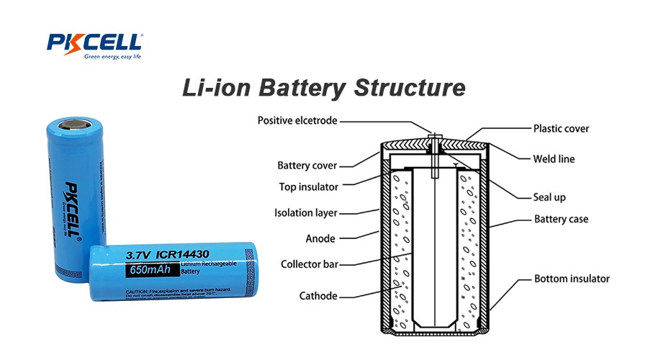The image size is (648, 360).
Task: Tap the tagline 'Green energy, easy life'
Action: pos(112,56)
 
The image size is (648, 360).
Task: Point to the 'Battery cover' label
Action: pos(307,166)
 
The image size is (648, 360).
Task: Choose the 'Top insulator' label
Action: pos(308,186)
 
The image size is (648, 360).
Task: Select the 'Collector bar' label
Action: pos(309,264)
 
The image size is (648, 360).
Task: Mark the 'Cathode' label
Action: pos(318,295)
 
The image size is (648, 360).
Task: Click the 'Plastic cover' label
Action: pos(561,129)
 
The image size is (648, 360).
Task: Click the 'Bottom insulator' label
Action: pos(572,279)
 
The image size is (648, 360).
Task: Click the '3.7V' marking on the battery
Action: pos(141,254)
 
